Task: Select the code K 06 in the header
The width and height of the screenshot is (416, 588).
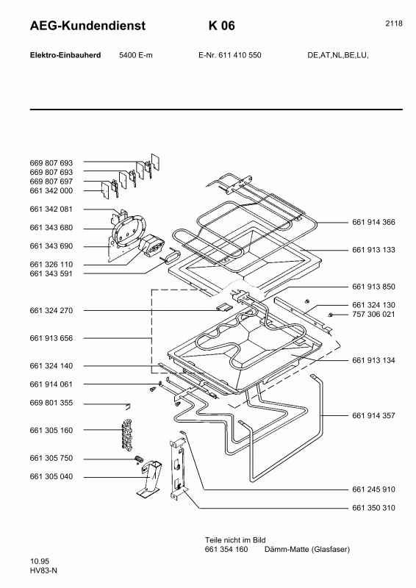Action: [x=221, y=26]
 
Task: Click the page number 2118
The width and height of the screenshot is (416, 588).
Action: [x=393, y=24]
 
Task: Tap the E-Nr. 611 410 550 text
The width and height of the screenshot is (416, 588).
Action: [x=230, y=56]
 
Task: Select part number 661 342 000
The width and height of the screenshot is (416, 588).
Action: [x=51, y=190]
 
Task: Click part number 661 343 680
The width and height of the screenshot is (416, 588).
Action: [x=51, y=228]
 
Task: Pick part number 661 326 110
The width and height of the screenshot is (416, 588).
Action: [x=51, y=264]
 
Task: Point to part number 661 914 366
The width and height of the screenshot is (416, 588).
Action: [x=373, y=222]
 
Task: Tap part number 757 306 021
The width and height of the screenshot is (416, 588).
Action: [x=373, y=315]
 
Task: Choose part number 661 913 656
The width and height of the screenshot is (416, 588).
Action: [x=51, y=338]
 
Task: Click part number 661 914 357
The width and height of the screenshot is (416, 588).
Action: [x=373, y=416]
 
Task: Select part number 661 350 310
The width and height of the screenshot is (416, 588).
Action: [x=373, y=508]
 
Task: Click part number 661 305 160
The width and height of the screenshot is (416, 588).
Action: [x=51, y=430]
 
